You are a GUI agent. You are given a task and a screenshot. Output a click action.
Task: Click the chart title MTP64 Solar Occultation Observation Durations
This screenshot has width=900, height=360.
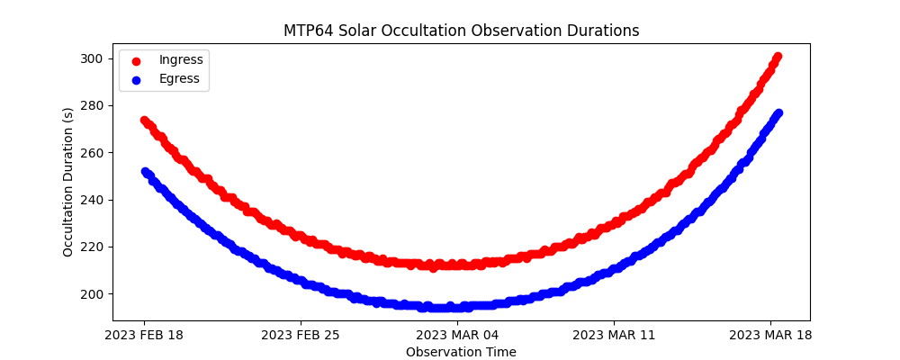pyautogui.click(x=461, y=31)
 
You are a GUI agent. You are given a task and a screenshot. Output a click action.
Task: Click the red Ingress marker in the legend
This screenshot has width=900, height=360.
pyautogui.click(x=136, y=60)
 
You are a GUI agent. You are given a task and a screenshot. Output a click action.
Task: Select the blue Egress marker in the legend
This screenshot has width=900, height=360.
pyautogui.click(x=136, y=78)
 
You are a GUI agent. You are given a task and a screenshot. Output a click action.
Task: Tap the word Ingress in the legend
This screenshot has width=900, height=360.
pyautogui.click(x=181, y=59)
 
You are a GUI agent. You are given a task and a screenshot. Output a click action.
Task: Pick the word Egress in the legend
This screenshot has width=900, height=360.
pyautogui.click(x=180, y=78)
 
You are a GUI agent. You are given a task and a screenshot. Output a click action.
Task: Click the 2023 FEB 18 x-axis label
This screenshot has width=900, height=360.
pyautogui.click(x=144, y=336)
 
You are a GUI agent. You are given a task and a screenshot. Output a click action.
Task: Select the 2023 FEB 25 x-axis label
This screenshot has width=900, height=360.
pyautogui.click(x=301, y=336)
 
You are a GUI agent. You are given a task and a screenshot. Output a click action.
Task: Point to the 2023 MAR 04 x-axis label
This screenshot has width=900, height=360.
pyautogui.click(x=457, y=336)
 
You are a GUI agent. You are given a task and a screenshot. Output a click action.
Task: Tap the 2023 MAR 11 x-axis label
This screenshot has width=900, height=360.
pyautogui.click(x=614, y=336)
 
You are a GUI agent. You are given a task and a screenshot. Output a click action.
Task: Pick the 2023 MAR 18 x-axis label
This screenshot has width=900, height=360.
pyautogui.click(x=770, y=336)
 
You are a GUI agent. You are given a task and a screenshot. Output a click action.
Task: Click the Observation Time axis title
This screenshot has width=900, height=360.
pyautogui.click(x=461, y=352)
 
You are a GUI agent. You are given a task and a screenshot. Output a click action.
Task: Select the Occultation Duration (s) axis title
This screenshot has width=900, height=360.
pyautogui.click(x=68, y=182)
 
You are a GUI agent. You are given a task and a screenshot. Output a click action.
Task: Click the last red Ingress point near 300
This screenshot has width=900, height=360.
pyautogui.click(x=777, y=57)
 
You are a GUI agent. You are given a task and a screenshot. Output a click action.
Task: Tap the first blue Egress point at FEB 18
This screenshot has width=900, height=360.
pyautogui.click(x=145, y=171)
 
